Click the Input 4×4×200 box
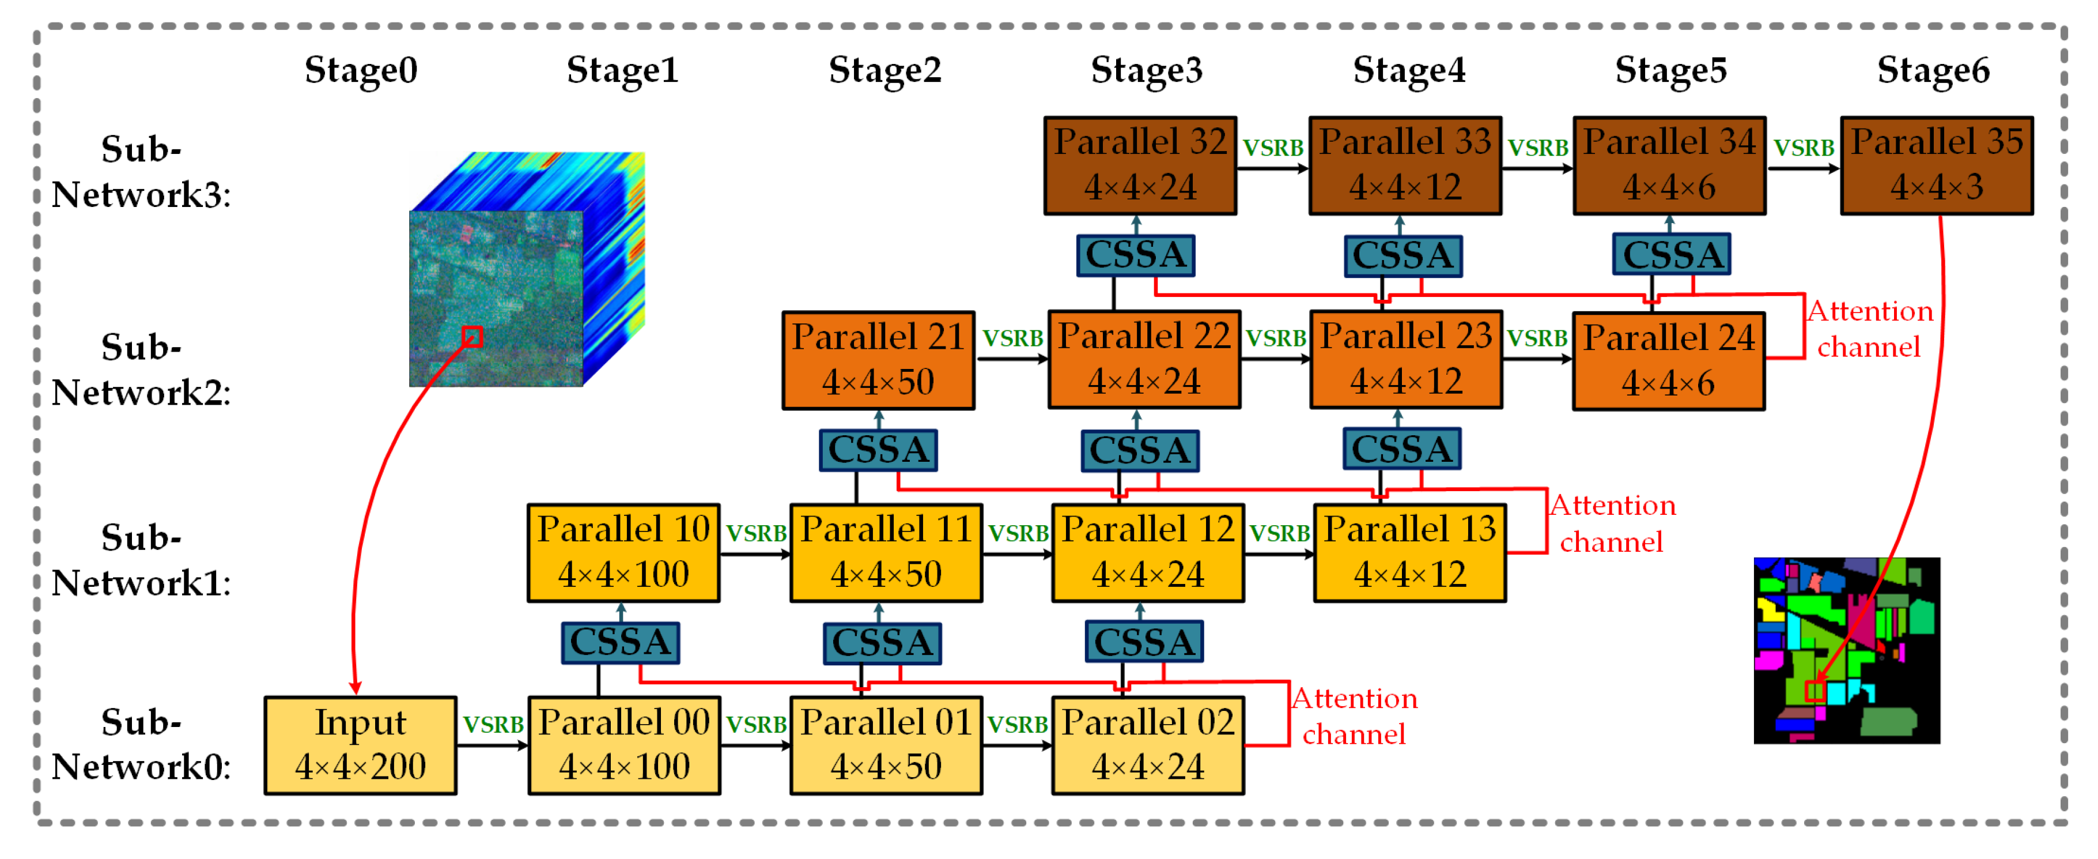(360, 745)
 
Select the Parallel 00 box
(624, 745)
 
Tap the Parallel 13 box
(1410, 552)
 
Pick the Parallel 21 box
(878, 359)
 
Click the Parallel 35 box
(1936, 165)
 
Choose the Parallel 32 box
(1140, 165)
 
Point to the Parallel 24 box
(1669, 360)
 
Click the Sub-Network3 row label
(141, 172)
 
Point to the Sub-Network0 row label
(141, 744)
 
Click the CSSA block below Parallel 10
(621, 642)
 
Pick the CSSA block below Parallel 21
(878, 450)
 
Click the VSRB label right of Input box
(493, 725)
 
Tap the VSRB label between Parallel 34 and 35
(1803, 148)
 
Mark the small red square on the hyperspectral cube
(472, 337)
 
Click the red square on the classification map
(1815, 691)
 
